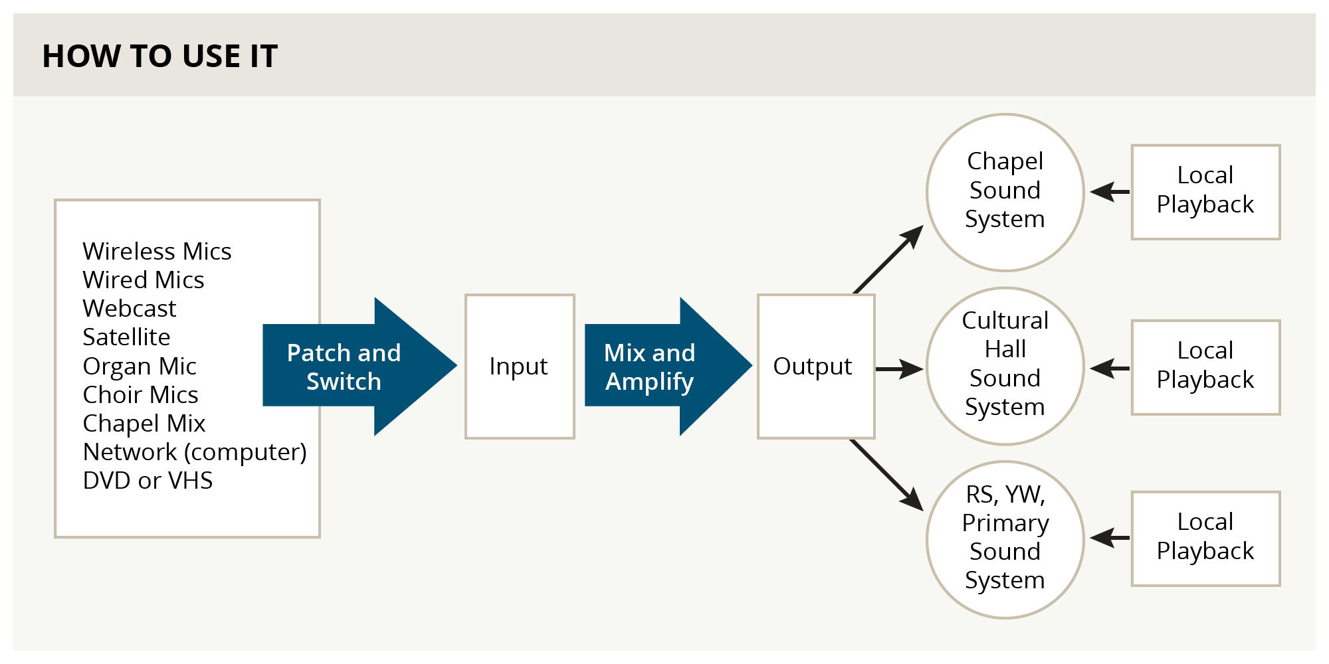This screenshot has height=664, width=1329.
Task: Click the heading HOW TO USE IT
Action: (159, 56)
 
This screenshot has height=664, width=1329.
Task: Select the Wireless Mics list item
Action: (157, 251)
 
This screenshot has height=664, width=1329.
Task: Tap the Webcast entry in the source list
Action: (130, 308)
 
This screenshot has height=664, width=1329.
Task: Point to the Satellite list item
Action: (126, 337)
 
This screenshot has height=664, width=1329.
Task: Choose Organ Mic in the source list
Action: (140, 366)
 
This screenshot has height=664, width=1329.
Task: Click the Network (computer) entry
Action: (195, 452)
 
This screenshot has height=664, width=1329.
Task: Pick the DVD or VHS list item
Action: (148, 480)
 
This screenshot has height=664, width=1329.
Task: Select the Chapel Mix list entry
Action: (144, 423)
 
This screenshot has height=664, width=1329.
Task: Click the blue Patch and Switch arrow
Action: (359, 366)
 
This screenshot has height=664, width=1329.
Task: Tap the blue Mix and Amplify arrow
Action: (668, 366)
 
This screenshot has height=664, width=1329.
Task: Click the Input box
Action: (520, 367)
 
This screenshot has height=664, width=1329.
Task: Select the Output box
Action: (816, 367)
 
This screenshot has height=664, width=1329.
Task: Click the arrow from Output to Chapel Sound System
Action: (888, 259)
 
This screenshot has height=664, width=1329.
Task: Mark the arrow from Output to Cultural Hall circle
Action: (900, 369)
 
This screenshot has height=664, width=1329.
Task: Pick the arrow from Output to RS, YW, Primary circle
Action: (887, 475)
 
